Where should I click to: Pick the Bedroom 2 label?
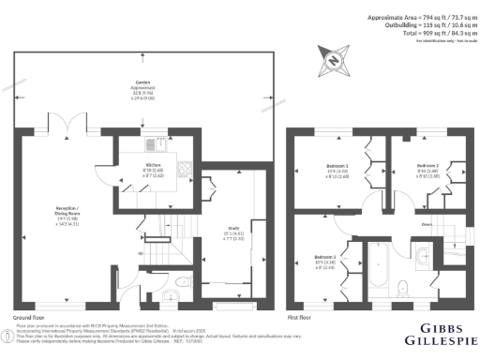point(429,169)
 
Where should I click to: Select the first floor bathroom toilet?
point(402,285)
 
